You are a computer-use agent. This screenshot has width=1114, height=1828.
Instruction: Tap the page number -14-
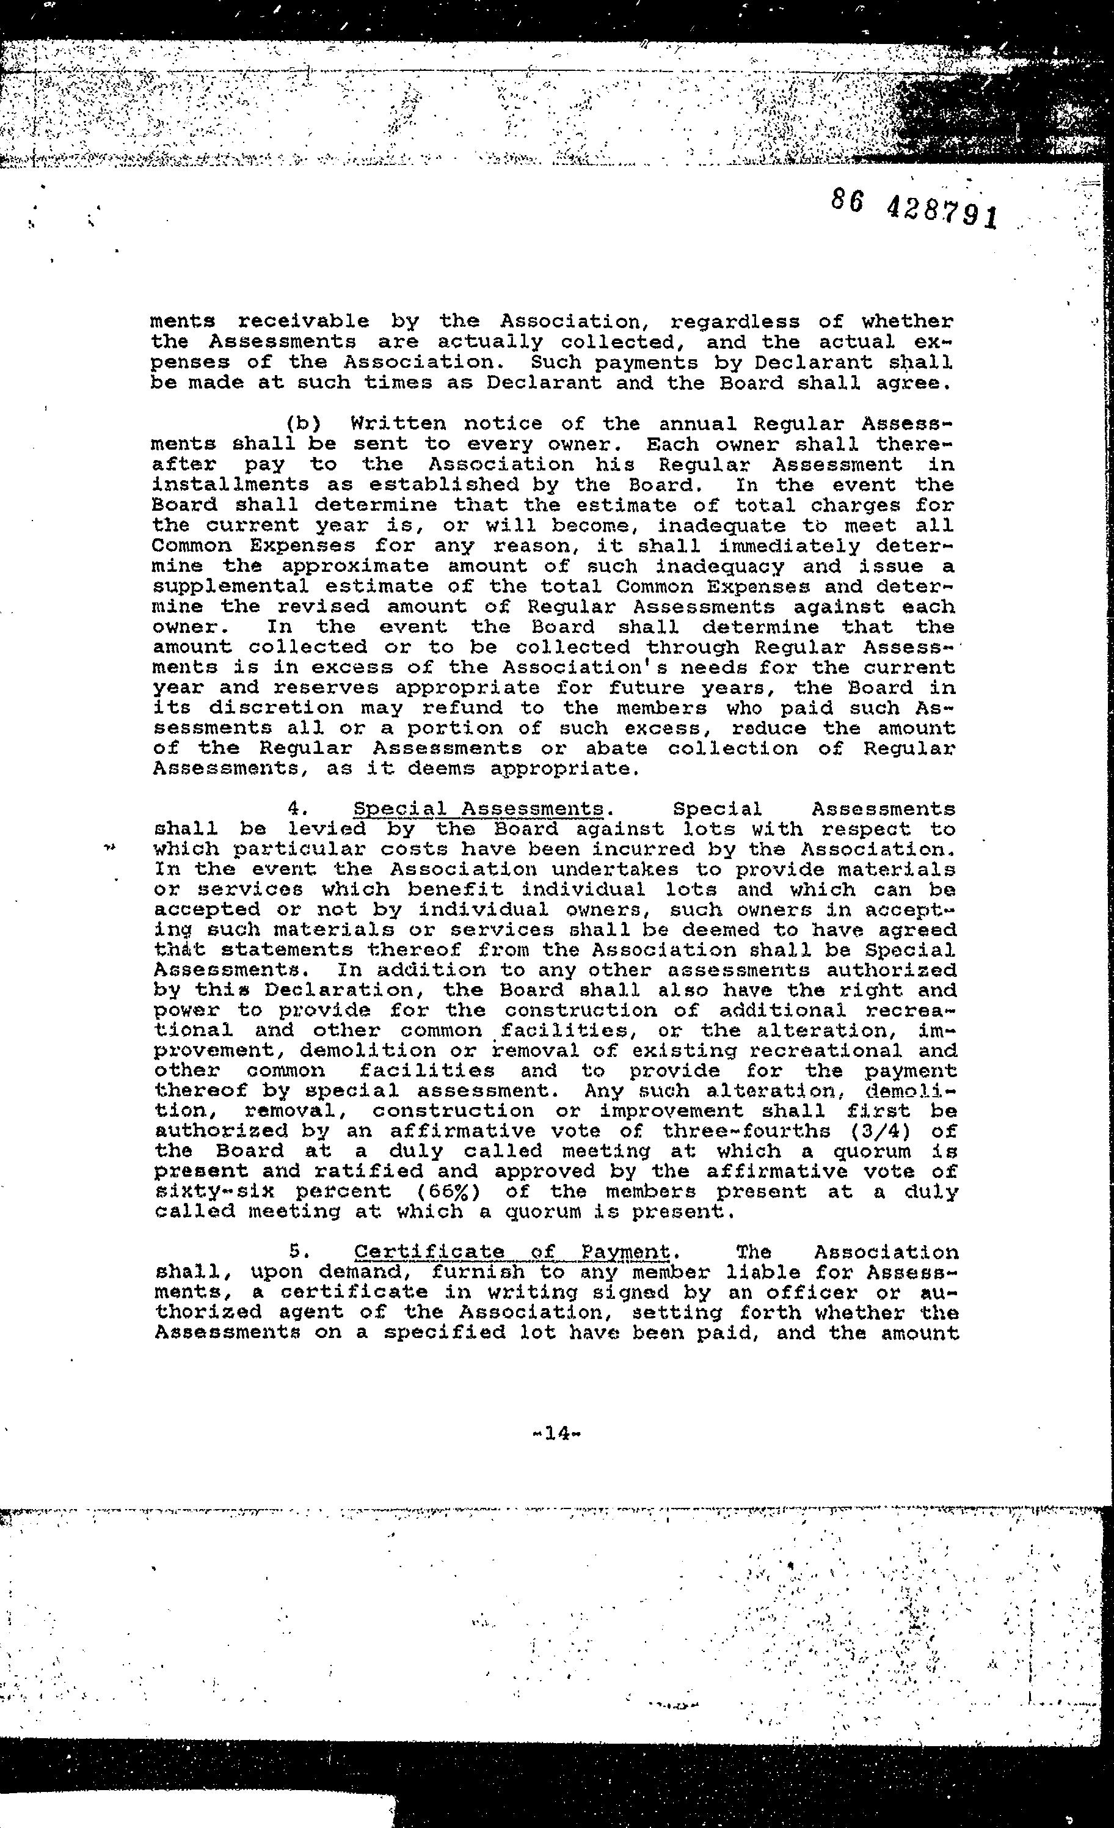(x=556, y=1433)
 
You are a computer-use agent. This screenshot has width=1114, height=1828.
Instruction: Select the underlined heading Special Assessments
(x=478, y=809)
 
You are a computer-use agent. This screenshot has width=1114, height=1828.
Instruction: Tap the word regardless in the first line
(x=734, y=322)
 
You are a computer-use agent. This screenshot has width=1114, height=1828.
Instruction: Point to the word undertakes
(x=627, y=869)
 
